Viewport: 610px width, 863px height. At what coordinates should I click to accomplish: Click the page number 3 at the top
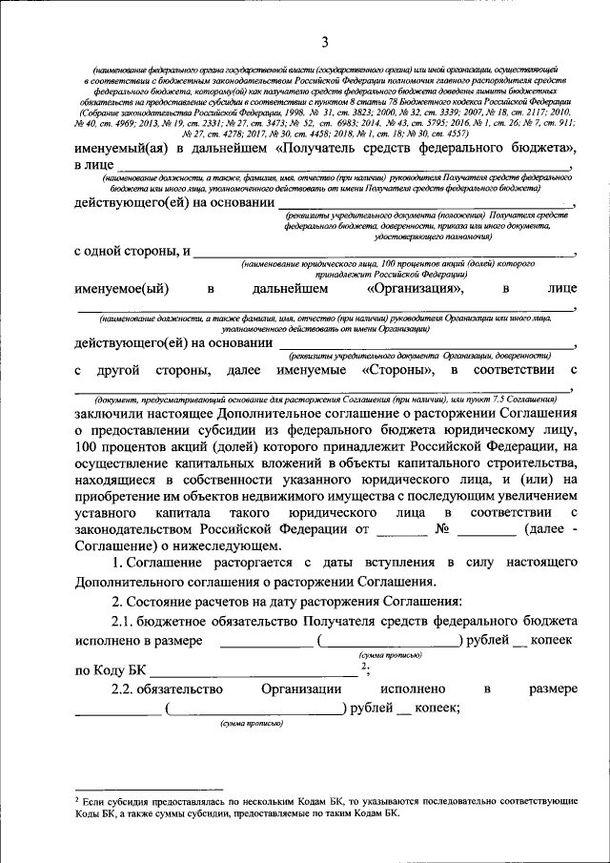tap(324, 42)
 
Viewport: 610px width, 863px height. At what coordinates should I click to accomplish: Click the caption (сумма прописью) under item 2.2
tap(252, 725)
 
